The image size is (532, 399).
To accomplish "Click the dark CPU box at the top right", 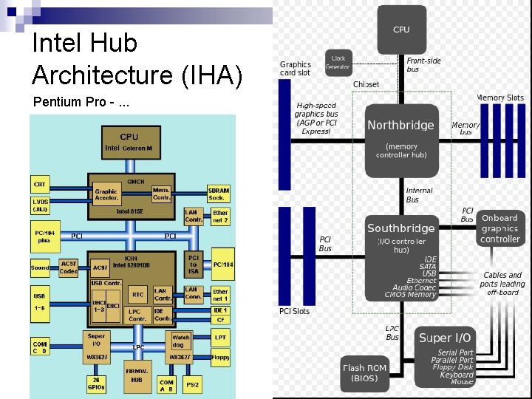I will pos(401,30).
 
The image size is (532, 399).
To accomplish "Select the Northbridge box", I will pos(401,136).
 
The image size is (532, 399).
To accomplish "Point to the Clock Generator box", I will pos(338,62).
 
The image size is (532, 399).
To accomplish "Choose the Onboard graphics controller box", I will pos(499,228).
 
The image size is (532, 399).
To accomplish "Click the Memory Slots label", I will pos(500,98).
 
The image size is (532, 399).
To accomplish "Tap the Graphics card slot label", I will pos(295,69).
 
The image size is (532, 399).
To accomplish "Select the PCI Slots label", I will pos(294,311).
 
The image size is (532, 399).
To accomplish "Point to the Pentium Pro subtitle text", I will pos(80,102).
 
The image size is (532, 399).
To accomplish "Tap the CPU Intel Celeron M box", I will pos(129,142).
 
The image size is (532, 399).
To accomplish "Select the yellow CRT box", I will pos(39,183).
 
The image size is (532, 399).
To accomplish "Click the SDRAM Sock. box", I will pos(219,194).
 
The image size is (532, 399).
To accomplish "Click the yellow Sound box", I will pos(40,267).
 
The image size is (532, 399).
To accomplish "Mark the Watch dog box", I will pos(181,341).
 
